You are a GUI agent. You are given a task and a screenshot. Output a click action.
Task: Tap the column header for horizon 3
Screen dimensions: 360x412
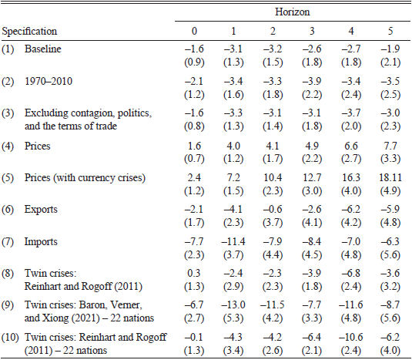click(x=309, y=32)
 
